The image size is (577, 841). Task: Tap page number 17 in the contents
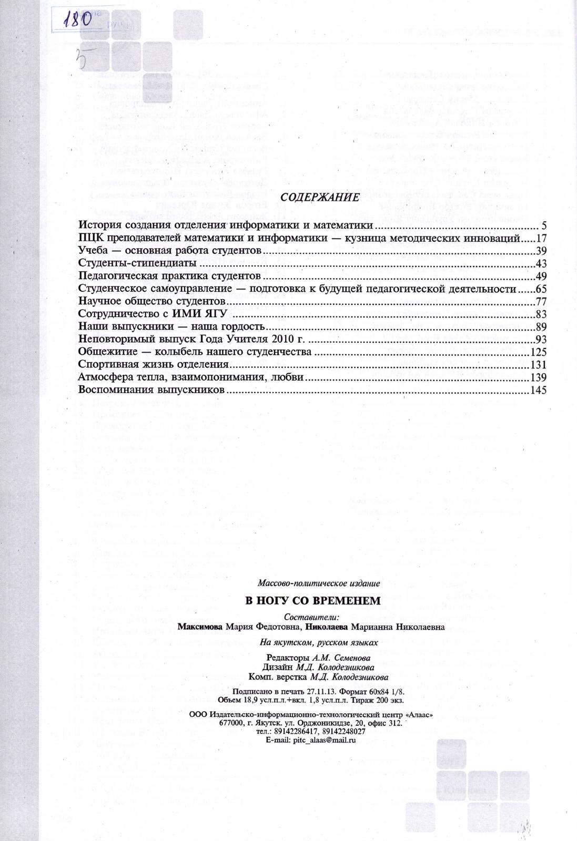point(541,239)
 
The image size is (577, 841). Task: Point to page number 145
point(539,390)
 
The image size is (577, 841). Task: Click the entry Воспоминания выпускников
point(151,390)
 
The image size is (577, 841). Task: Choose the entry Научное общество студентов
point(152,302)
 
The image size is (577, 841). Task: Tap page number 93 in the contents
point(541,340)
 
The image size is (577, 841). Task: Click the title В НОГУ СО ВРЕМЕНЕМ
point(313,600)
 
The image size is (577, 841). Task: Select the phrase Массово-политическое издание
point(319,583)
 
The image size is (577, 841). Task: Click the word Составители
point(311,617)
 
